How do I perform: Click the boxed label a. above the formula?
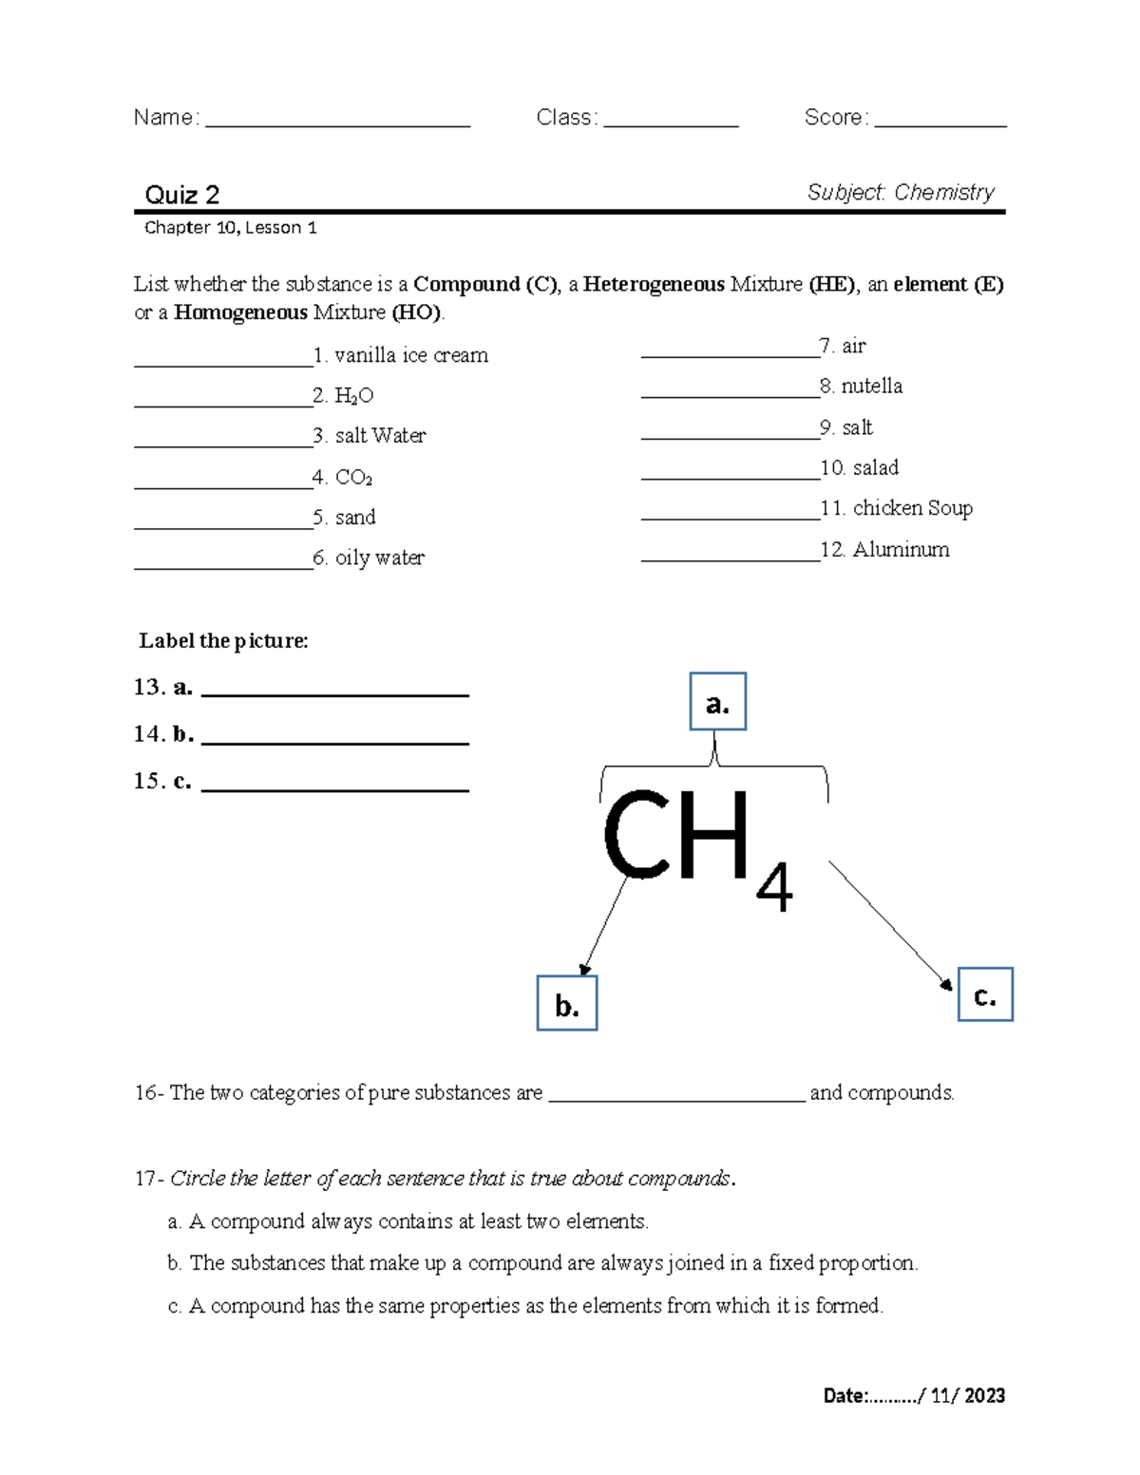[x=717, y=702]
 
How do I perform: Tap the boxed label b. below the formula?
[x=567, y=1003]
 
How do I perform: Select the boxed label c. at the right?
[x=985, y=994]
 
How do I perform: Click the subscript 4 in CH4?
[x=774, y=888]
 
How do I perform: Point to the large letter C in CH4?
[x=636, y=835]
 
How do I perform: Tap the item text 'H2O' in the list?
[x=353, y=395]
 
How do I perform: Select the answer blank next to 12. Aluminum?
[x=730, y=554]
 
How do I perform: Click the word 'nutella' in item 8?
[x=871, y=386]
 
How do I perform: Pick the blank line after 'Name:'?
[x=337, y=120]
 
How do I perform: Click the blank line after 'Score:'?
[x=940, y=120]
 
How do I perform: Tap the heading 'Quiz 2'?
[x=181, y=195]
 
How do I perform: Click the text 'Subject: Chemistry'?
[x=900, y=192]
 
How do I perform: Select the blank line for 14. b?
[x=335, y=737]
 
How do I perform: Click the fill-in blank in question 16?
[x=676, y=1095]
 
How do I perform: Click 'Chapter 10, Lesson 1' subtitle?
[x=230, y=228]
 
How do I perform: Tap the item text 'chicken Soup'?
[x=912, y=508]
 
